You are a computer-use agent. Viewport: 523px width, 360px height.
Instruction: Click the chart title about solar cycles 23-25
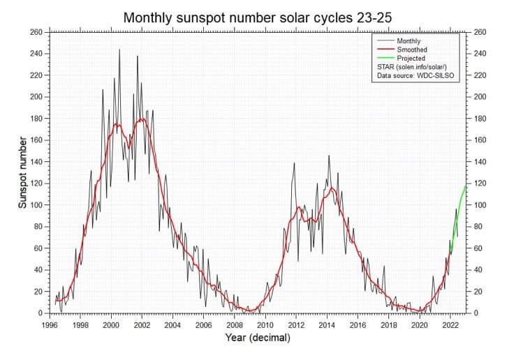[x=261, y=17]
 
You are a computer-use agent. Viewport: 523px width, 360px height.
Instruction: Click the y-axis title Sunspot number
[x=22, y=172]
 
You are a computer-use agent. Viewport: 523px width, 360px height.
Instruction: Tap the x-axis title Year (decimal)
[x=258, y=338]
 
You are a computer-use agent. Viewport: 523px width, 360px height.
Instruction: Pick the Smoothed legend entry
[x=411, y=50]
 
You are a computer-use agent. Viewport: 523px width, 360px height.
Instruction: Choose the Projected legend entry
[x=411, y=59]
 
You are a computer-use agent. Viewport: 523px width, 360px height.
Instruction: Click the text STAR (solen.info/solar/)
[x=414, y=67]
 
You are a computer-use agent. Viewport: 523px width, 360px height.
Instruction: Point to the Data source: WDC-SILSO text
[x=416, y=75]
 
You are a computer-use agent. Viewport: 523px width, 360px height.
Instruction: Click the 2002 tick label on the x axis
[x=141, y=324]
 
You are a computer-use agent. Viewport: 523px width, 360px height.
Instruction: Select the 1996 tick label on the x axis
[x=49, y=324]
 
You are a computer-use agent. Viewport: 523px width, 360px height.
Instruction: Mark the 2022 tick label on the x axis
[x=450, y=324]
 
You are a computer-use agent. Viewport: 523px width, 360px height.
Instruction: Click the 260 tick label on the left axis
[x=35, y=32]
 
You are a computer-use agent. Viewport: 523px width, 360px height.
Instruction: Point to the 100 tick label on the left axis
[x=35, y=205]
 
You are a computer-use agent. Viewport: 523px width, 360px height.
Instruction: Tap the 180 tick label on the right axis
[x=480, y=119]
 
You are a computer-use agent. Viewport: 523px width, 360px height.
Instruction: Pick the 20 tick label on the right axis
[x=478, y=292]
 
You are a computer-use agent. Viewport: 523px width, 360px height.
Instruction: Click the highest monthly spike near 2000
[x=119, y=50]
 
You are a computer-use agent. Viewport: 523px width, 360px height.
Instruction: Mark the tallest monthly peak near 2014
[x=329, y=156]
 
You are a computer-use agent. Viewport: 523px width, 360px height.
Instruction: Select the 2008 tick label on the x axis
[x=234, y=324]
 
